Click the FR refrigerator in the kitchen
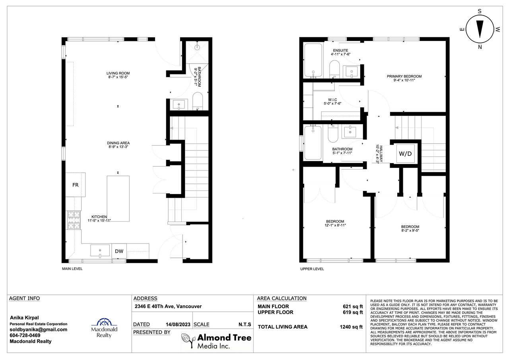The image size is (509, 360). coord(76,185)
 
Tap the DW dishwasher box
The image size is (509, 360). coord(119,251)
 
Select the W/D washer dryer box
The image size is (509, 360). coord(405,154)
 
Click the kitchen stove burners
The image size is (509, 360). coord(74,220)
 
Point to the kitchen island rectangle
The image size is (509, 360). coord(118,198)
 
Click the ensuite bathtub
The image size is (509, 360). coord(313,60)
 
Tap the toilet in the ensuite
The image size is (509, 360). coord(334,69)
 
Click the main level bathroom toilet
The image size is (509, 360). coord(198,101)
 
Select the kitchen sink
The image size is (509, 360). coord(100,251)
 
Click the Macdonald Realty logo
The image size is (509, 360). coord(104,328)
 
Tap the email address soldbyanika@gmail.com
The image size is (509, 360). coord(39,329)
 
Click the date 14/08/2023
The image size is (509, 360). coord(178,324)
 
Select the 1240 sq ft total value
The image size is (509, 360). coord(351,327)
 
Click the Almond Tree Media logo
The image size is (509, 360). coord(217,341)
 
